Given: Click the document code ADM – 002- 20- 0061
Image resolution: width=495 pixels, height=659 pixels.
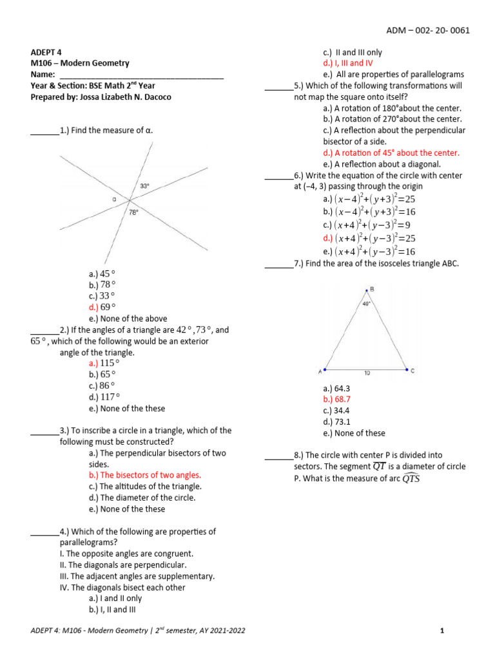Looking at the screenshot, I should tap(428, 30).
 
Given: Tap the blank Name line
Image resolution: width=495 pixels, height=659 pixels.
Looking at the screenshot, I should tap(141, 75).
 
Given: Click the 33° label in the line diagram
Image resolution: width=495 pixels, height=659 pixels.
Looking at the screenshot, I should tap(145, 186).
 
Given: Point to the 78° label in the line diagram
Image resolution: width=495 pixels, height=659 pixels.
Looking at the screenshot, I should tap(133, 212).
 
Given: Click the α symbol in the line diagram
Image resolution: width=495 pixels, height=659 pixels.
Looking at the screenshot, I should tap(113, 200).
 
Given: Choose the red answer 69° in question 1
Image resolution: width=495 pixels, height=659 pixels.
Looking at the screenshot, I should tap(102, 307).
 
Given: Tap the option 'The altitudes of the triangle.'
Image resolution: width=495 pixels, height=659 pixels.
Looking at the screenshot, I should tap(145, 487).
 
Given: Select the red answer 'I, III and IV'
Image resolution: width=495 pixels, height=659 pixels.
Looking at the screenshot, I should tap(347, 63).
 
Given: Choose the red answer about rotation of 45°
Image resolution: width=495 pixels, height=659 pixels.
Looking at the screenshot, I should tap(391, 153).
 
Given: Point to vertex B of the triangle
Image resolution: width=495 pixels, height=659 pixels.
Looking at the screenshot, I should tap(367, 290).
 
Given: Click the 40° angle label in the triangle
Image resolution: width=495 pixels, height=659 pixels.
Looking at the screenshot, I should tap(366, 304).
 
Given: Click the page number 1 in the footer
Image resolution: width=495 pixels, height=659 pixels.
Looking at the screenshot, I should tap(443, 631).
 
